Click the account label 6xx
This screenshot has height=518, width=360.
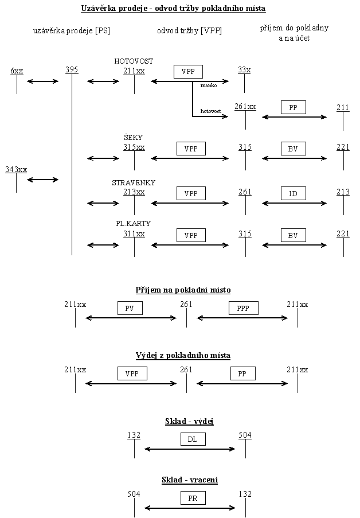(x=17, y=71)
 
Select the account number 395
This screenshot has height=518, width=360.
(x=72, y=70)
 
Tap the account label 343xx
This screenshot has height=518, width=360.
(x=16, y=169)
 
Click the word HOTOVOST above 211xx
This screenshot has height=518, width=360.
(x=134, y=61)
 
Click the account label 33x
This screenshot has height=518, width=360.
(x=244, y=70)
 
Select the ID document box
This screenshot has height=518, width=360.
(x=293, y=193)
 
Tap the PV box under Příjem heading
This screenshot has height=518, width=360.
(x=130, y=308)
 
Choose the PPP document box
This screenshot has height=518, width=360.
(x=243, y=308)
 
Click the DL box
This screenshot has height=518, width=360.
(x=193, y=439)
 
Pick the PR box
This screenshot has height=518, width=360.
(x=193, y=498)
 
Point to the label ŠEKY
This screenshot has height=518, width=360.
(x=133, y=138)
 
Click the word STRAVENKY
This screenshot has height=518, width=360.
(x=134, y=182)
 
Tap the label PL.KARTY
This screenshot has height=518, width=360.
(x=133, y=223)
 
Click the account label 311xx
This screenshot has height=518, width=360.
(x=134, y=233)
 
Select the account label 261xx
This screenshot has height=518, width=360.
(x=245, y=106)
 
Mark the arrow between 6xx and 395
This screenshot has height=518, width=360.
(x=43, y=81)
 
